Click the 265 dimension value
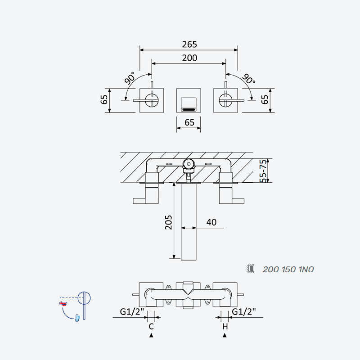(x=189, y=44)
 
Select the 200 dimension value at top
(x=189, y=58)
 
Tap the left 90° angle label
(x=130, y=78)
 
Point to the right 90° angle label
(x=249, y=79)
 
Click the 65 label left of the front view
(x=104, y=99)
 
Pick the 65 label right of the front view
(x=265, y=99)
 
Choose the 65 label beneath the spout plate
(x=189, y=122)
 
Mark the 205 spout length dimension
(x=168, y=222)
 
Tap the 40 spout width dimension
(x=211, y=222)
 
